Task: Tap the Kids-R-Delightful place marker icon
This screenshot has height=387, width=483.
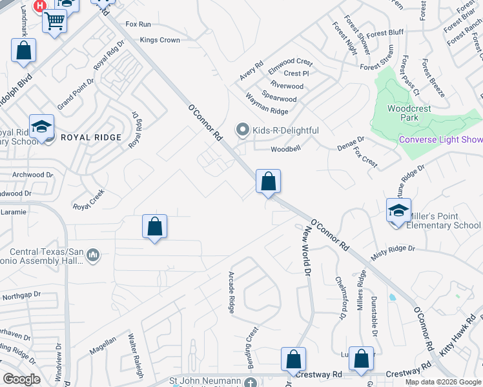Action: (243, 130)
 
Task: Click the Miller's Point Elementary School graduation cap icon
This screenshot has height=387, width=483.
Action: (398, 210)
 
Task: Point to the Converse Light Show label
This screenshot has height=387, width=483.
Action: (440, 139)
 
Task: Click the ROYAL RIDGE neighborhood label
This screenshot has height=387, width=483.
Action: (91, 137)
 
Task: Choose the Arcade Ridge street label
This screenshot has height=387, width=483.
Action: (231, 292)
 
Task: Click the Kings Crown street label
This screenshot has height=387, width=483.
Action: (159, 40)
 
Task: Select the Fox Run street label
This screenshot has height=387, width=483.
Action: (138, 24)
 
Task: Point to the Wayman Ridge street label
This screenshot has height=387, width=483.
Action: (266, 103)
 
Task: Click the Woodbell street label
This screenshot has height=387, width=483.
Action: (286, 149)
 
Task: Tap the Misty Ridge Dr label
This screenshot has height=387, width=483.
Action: (393, 252)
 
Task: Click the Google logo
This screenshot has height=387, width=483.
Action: (22, 379)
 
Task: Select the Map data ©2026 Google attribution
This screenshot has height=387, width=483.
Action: (443, 382)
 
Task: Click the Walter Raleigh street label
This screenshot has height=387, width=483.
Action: (135, 350)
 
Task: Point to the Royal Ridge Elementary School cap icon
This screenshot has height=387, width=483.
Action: (41, 127)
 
